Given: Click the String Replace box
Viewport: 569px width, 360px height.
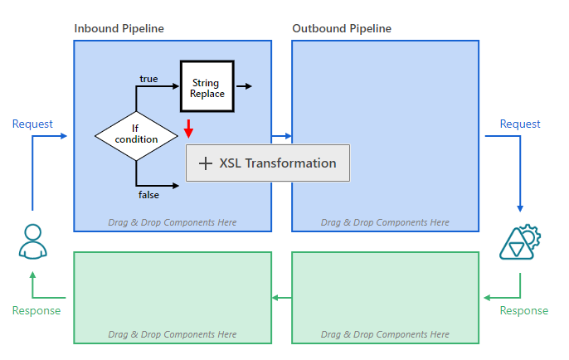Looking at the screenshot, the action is coord(207,86).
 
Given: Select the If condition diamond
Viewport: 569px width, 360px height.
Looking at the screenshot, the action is coord(136,136).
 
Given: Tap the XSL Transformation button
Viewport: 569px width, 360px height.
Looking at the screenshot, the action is coord(268,163).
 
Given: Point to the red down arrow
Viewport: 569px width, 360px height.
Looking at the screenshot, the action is coord(188,129).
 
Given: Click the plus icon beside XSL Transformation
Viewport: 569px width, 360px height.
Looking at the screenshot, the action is coord(206,163).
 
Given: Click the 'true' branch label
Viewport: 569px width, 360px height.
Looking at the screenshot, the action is coord(148,79).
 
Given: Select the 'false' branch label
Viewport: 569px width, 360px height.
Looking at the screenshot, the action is coord(148,195).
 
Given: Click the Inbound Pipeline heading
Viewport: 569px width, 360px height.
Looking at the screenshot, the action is coord(119,29).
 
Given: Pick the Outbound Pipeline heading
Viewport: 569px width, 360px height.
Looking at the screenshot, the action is coord(342,29).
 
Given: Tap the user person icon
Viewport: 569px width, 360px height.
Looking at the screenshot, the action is coord(32,241).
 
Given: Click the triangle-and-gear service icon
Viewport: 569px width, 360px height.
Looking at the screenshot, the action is coord(520,241).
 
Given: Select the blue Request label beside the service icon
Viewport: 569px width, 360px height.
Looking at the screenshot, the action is coord(520,124).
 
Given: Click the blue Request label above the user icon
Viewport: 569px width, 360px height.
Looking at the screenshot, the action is coord(32,124).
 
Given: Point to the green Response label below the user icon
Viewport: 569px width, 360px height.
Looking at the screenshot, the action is coord(36,310).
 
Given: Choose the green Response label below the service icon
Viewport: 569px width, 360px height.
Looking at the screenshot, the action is coord(524,310).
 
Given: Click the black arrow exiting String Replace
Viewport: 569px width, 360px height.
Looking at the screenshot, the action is coord(244,86).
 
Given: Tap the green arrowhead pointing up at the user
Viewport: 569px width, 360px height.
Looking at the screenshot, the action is coord(32,275).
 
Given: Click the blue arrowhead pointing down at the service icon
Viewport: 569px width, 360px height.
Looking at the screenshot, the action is coord(520,209).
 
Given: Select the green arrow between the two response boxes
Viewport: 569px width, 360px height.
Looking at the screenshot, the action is coord(282,298).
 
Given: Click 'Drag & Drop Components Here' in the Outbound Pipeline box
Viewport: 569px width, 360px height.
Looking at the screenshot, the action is coord(385,222).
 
